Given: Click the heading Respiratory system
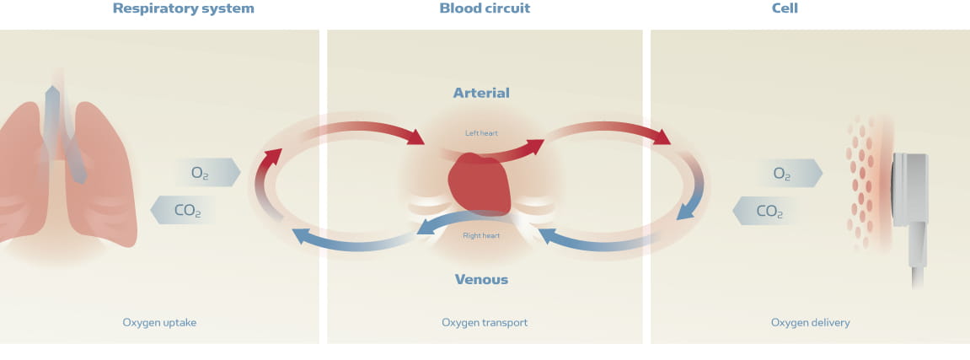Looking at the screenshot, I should point(183,9).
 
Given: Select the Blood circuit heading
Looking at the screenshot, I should point(485,9).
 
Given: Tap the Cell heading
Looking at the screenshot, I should point(785,9).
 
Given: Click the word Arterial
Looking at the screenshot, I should point(481,93).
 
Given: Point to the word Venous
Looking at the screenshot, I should point(481,279).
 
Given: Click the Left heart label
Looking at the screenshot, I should point(481,133).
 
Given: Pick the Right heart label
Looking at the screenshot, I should point(481,235).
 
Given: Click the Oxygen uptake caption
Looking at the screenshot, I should point(159,322).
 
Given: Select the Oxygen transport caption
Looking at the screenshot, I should point(485,322).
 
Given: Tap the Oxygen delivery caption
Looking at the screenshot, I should point(810,322).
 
